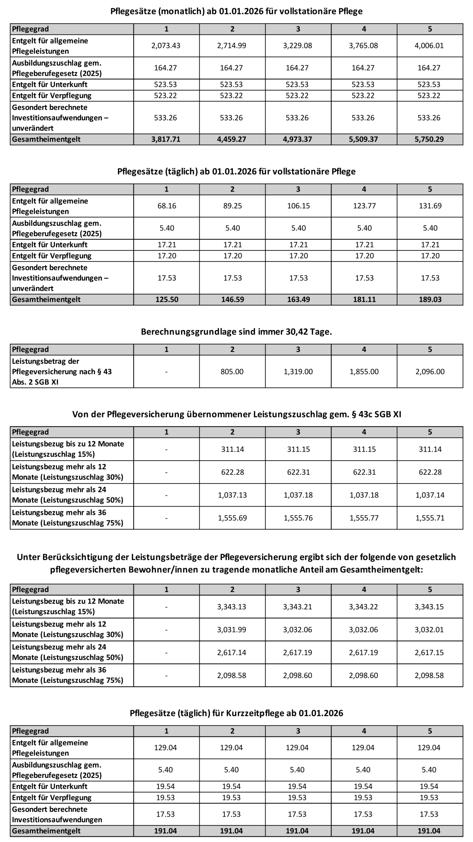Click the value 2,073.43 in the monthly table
click(166, 46)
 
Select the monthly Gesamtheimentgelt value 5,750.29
click(429, 139)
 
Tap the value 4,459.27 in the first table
click(231, 139)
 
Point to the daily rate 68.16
click(167, 206)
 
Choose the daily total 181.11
click(364, 299)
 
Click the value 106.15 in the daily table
click(298, 206)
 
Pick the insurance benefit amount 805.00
click(232, 371)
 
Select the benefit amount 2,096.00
click(430, 371)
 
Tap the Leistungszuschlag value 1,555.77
click(364, 518)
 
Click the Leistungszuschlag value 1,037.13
click(232, 495)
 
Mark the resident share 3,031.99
click(231, 630)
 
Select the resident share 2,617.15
click(429, 652)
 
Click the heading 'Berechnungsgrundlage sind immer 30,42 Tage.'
click(236, 332)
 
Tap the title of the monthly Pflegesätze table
click(236, 11)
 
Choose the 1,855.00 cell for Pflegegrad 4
click(364, 371)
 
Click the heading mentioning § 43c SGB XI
click(236, 414)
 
